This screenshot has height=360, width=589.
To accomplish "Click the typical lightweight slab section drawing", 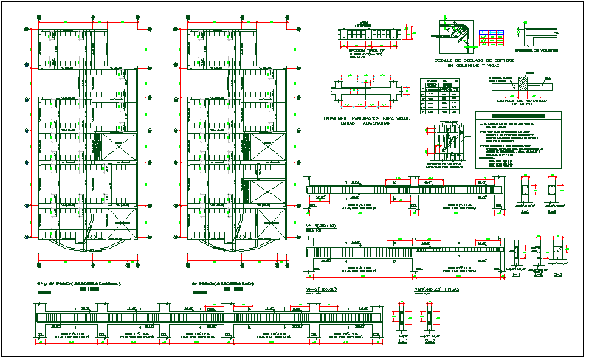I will pos(369,33).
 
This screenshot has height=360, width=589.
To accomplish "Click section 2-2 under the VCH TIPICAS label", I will pos(428,317).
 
